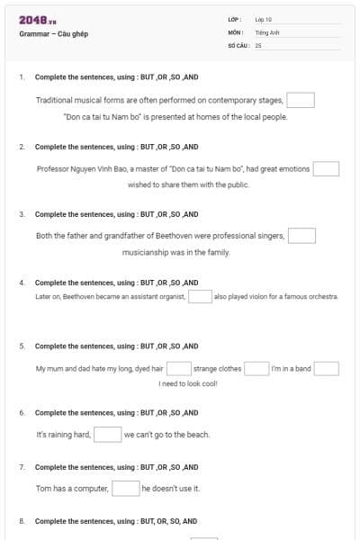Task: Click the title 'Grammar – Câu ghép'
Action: tap(53, 34)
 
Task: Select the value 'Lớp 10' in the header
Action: tap(264, 19)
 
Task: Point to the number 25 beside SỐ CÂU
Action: tap(258, 44)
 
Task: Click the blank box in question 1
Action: tap(301, 100)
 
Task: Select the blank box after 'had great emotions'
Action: tap(326, 168)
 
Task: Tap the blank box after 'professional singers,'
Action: tap(301, 236)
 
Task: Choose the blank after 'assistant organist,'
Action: tap(200, 296)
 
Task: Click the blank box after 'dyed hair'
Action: tap(178, 368)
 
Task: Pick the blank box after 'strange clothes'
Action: tap(256, 368)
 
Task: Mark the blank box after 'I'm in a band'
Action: tap(326, 368)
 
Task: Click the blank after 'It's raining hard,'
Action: tap(108, 435)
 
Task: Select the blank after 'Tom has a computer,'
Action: tap(125, 488)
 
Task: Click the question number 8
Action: tap(22, 521)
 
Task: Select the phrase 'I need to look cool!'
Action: tap(187, 384)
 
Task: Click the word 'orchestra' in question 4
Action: tap(322, 296)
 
